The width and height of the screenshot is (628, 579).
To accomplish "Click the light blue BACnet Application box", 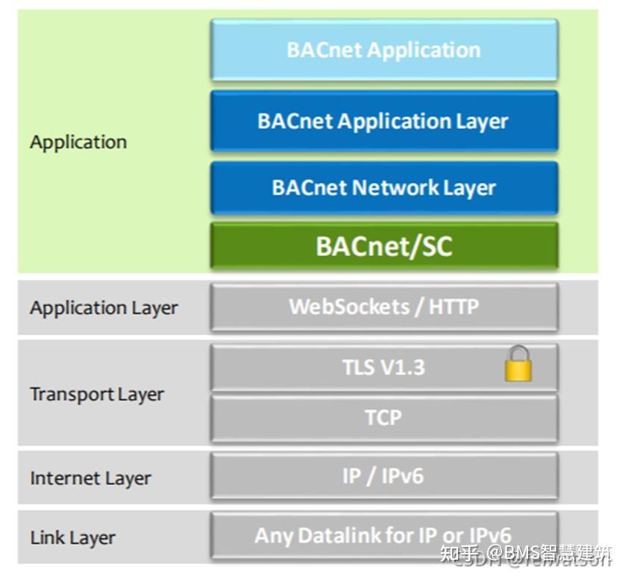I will [x=384, y=51].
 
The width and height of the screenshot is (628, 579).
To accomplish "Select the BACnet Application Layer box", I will [x=384, y=122].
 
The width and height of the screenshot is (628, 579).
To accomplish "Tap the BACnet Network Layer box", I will [x=384, y=187].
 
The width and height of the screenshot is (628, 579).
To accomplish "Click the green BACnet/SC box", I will [x=384, y=245].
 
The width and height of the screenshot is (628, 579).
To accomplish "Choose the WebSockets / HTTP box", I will [x=384, y=307].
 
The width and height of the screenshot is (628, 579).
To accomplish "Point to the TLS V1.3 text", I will [x=383, y=367].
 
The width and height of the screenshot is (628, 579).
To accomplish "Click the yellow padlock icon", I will [x=518, y=366].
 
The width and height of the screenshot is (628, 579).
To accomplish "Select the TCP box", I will [x=384, y=418].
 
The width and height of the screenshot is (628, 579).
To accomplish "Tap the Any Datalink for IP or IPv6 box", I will [x=384, y=536].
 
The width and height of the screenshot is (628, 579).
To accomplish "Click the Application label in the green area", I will [x=78, y=142].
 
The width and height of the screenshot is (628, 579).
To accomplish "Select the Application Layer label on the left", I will [x=104, y=307].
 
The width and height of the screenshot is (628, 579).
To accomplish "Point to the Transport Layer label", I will [x=97, y=394].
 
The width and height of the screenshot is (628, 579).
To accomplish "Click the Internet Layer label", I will [x=90, y=478].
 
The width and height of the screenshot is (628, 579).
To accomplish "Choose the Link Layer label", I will [x=73, y=537].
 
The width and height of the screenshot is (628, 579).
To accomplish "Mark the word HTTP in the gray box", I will [x=453, y=307].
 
